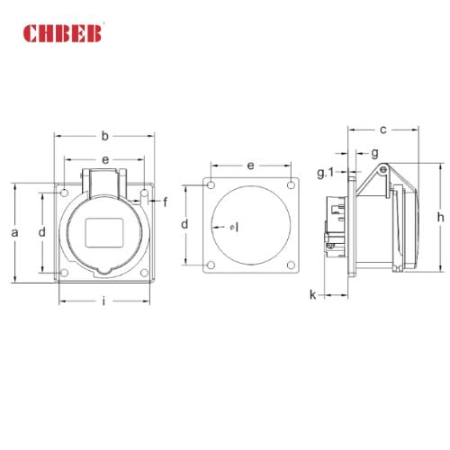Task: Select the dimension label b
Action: pyautogui.click(x=104, y=136)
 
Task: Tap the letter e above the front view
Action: pyautogui.click(x=105, y=159)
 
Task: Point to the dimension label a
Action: pyautogui.click(x=14, y=232)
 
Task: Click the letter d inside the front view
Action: pyautogui.click(x=41, y=232)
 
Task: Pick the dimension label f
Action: pyautogui.click(x=165, y=202)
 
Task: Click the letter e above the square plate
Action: pyautogui.click(x=250, y=166)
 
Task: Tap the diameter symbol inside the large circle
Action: pyautogui.click(x=233, y=227)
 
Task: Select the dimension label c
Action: pyautogui.click(x=382, y=130)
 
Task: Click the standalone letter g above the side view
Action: pyautogui.click(x=374, y=153)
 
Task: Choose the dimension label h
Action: pyautogui.click(x=440, y=218)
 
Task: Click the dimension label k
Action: pyautogui.click(x=312, y=294)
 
